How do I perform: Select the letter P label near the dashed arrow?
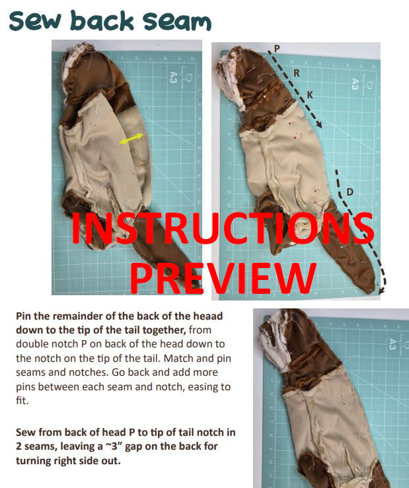276,49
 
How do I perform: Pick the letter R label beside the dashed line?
297,73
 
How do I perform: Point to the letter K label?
310,95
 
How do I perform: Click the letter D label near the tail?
350,192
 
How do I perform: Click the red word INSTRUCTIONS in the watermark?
222,229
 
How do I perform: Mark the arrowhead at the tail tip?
381,287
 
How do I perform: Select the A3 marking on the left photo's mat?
173,77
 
